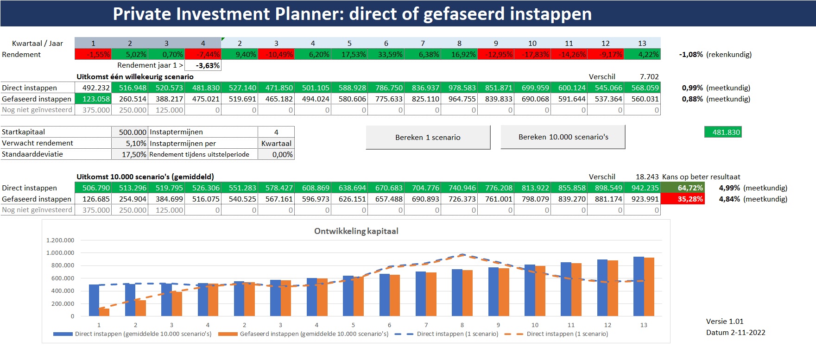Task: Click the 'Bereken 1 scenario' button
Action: coord(428,137)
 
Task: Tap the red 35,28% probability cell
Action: coord(682,199)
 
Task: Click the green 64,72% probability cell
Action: coord(682,188)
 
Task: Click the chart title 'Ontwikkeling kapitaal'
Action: coord(356,231)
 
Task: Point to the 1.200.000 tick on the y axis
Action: coord(60,240)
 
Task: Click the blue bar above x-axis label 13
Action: coord(639,286)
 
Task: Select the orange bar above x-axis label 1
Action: coord(104,312)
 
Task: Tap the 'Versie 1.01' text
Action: coord(724,321)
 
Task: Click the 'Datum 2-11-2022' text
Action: coord(735,332)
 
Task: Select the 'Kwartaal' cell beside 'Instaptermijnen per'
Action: coord(276,143)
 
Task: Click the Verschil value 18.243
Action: coord(647,177)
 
